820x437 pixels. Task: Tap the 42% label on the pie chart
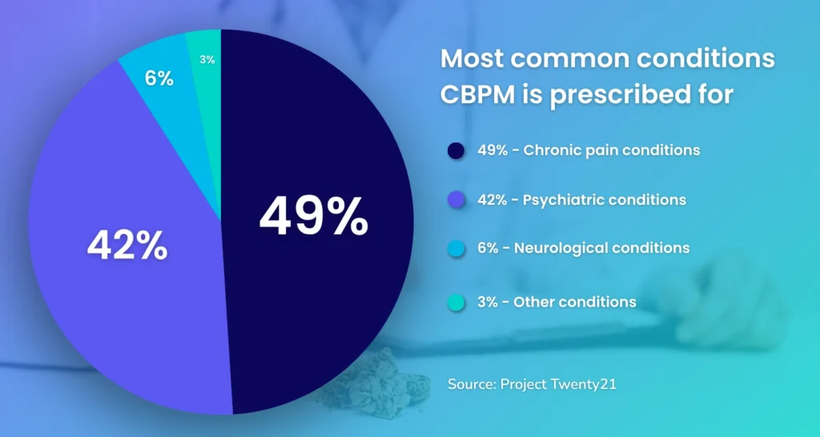[x=127, y=246]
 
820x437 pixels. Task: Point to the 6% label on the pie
[x=159, y=78]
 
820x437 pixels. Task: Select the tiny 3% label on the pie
[x=207, y=59]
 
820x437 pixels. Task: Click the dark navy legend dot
[x=456, y=150]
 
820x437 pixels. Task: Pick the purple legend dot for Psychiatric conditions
[x=456, y=200]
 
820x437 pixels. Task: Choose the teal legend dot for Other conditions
[x=456, y=302]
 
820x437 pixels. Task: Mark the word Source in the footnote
[x=471, y=384]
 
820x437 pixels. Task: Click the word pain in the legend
[x=601, y=150]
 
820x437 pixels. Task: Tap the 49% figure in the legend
[x=491, y=150]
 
